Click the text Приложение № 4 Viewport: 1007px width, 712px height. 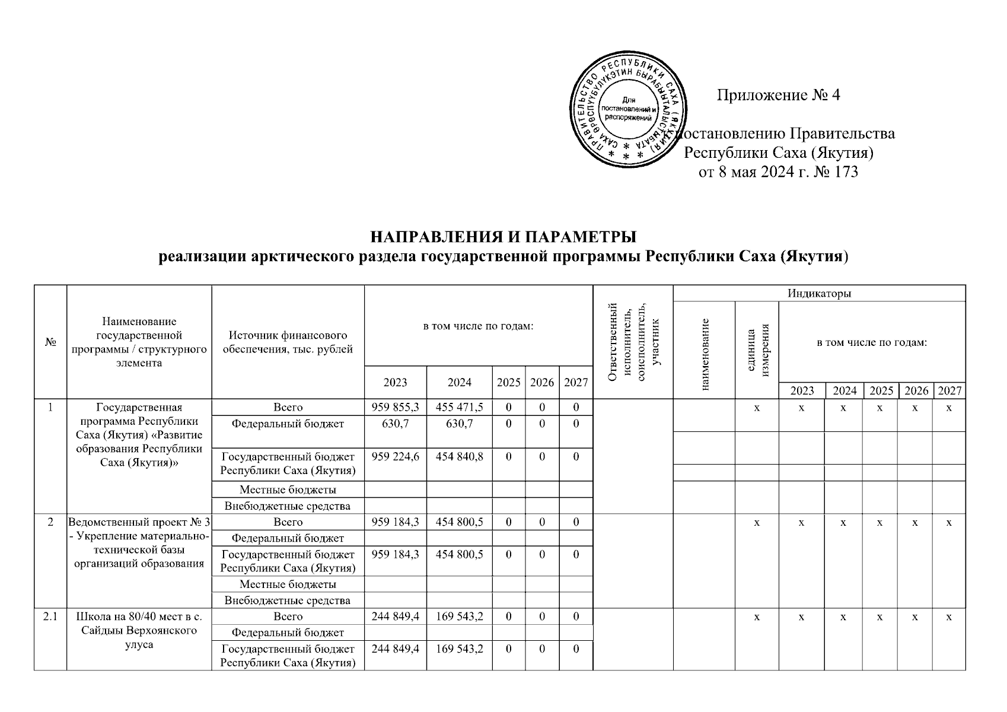click(778, 96)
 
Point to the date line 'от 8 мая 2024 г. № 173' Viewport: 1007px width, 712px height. click(779, 173)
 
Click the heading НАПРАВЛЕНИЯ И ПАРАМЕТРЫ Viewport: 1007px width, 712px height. click(503, 236)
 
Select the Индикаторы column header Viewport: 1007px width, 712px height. click(819, 293)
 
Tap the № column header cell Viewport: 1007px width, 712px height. click(50, 342)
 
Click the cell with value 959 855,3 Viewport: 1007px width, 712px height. click(395, 408)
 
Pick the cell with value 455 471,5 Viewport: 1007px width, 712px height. click(459, 408)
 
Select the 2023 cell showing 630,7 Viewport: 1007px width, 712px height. click(395, 424)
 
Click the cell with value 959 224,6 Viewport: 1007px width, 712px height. click(395, 457)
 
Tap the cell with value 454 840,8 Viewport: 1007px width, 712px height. click(459, 457)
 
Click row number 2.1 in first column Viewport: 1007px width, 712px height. click(50, 616)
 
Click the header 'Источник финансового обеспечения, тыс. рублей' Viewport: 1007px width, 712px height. click(288, 342)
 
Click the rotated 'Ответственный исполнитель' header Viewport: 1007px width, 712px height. click(633, 342)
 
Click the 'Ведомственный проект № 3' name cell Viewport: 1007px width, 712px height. click(139, 542)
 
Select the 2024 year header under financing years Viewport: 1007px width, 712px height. click(459, 382)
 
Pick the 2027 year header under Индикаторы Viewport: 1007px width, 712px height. click(949, 391)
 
